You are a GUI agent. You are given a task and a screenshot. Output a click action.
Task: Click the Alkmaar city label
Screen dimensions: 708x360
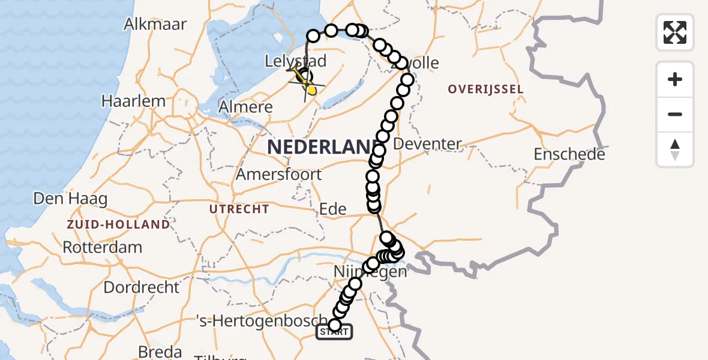(x=155, y=25)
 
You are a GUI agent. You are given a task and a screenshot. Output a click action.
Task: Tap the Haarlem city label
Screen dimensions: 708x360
(x=133, y=101)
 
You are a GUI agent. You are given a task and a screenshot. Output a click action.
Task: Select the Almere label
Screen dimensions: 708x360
(x=246, y=107)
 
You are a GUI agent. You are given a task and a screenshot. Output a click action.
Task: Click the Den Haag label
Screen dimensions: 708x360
(x=70, y=199)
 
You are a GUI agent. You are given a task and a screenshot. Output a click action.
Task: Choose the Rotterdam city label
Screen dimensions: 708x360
(x=102, y=247)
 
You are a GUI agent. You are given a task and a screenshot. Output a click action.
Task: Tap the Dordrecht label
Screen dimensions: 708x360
(x=141, y=287)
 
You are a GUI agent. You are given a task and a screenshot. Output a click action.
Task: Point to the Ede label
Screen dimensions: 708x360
(x=333, y=209)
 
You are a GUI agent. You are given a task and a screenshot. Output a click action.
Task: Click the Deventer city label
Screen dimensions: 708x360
(x=427, y=144)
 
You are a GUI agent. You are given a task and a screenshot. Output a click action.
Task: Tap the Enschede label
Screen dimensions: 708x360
(x=569, y=154)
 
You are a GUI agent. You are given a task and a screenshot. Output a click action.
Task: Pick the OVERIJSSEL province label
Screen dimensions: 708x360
(x=485, y=89)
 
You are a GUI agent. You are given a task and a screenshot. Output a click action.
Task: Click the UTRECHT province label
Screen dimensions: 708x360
(x=239, y=209)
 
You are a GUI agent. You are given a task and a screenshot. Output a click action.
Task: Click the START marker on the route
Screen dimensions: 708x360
(x=334, y=331)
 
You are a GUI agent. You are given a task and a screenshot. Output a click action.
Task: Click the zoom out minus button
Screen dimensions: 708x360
(x=675, y=114)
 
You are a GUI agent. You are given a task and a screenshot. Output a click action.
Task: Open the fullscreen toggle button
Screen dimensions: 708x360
(x=675, y=32)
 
